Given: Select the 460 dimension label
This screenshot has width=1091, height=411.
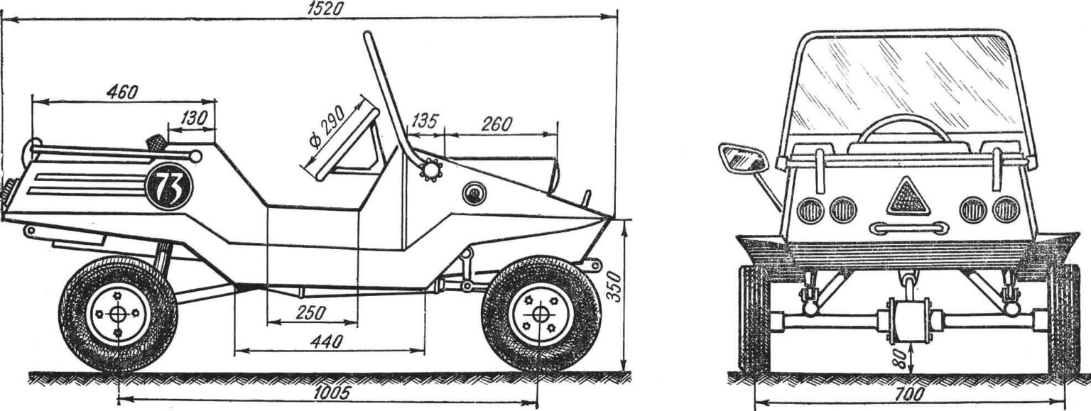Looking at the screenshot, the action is [121, 92].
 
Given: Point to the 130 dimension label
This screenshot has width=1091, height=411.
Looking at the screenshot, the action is [194, 119].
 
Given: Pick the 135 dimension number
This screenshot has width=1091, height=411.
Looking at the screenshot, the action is [424, 121].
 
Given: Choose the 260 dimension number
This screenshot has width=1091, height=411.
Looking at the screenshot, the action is [496, 124].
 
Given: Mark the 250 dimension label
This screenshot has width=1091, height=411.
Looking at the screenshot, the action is [310, 312].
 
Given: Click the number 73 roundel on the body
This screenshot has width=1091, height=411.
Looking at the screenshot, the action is [168, 187].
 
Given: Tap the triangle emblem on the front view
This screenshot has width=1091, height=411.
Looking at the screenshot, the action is [908, 197].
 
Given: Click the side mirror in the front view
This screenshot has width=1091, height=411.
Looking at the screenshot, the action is [743, 158].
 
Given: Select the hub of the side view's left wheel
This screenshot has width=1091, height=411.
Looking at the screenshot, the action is [117, 314].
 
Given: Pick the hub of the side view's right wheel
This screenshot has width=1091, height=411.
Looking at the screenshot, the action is [540, 314].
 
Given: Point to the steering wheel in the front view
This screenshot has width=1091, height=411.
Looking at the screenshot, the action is [904, 128].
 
